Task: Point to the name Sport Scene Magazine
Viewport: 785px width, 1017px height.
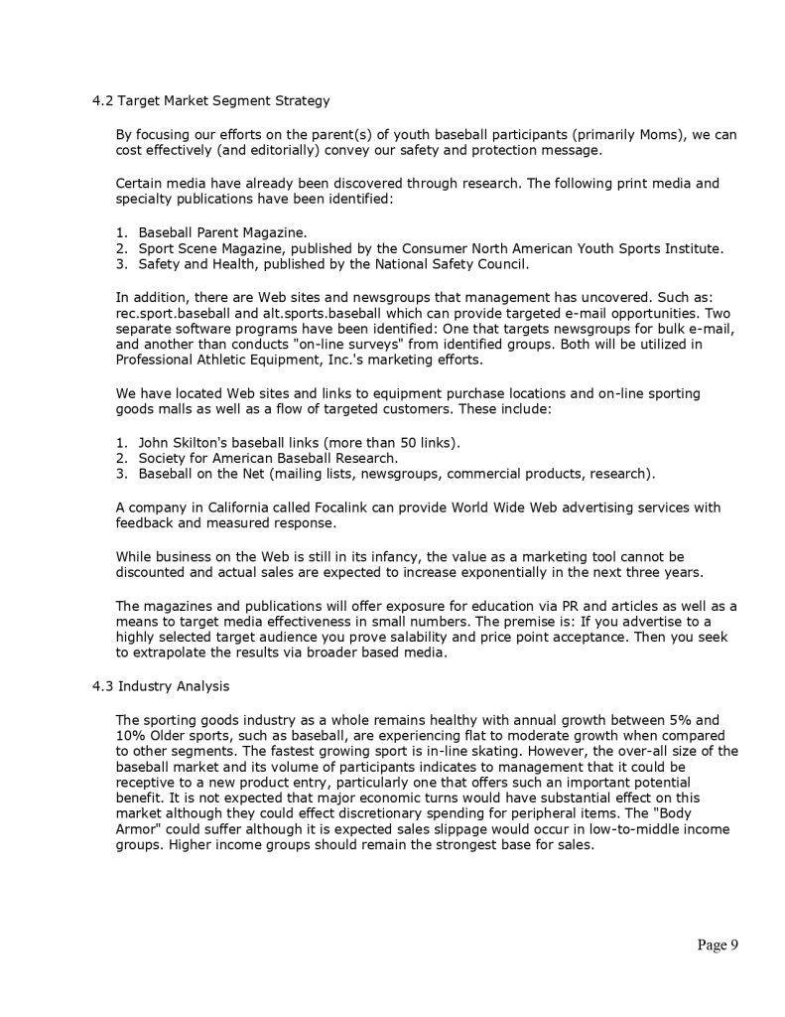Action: coord(209,248)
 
